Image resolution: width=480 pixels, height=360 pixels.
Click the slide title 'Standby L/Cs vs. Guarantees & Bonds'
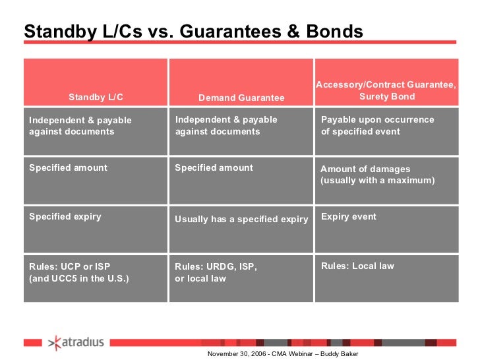[193, 32]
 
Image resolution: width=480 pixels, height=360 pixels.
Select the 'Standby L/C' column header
[96, 97]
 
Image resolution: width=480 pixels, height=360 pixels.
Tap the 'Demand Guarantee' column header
[241, 98]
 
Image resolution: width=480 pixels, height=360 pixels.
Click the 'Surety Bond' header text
[387, 96]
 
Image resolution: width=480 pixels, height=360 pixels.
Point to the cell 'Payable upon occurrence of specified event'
[377, 125]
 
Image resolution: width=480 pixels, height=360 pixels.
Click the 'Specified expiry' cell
[65, 216]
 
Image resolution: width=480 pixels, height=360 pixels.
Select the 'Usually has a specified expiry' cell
[241, 220]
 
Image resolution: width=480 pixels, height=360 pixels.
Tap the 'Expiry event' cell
[348, 216]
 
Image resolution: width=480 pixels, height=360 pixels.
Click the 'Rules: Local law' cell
[357, 266]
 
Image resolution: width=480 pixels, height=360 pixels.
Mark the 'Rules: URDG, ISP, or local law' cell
[216, 272]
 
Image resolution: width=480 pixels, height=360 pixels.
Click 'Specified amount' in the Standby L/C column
[68, 167]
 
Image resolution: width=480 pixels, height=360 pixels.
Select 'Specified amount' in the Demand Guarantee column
[214, 167]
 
